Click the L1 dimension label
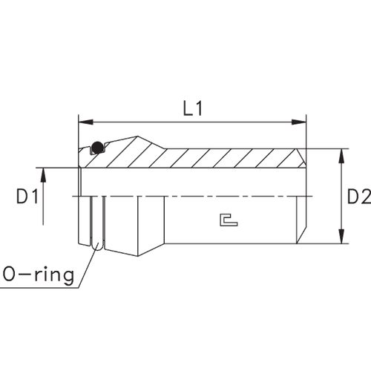coord(194,109)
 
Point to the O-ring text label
coord(38,276)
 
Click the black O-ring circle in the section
coord(97,148)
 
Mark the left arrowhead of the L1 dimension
coord(84,121)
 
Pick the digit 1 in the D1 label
coord(33,197)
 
